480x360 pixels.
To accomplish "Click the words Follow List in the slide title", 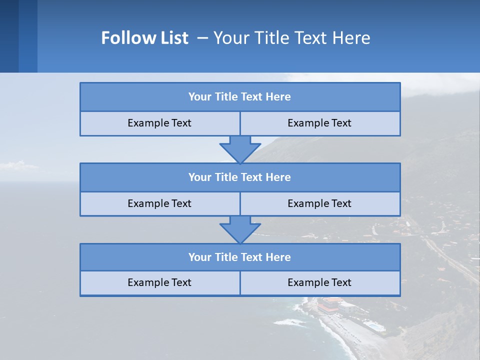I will click(x=145, y=38).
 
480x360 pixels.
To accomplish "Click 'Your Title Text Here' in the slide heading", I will click(x=291, y=38).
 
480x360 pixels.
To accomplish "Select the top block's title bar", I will click(x=240, y=97).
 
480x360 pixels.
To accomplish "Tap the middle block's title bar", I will click(x=240, y=177).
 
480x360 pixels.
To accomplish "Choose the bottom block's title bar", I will click(x=240, y=257).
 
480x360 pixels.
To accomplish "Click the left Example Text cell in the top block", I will click(x=159, y=123).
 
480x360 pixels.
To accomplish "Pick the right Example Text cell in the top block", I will click(x=319, y=123).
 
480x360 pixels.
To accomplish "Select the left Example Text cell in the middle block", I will click(x=159, y=204).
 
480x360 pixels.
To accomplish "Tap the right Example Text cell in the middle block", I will click(x=319, y=204).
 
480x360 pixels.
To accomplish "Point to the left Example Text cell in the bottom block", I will click(x=159, y=283).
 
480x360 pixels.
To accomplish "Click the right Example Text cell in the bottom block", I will click(x=319, y=283).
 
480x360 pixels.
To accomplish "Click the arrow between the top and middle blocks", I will click(x=240, y=149).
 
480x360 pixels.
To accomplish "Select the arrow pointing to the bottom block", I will click(x=240, y=230).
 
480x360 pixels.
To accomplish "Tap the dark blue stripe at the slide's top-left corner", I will click(x=9, y=36).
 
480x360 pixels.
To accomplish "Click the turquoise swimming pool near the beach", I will click(x=374, y=326).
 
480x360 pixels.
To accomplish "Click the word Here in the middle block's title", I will click(x=278, y=177).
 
